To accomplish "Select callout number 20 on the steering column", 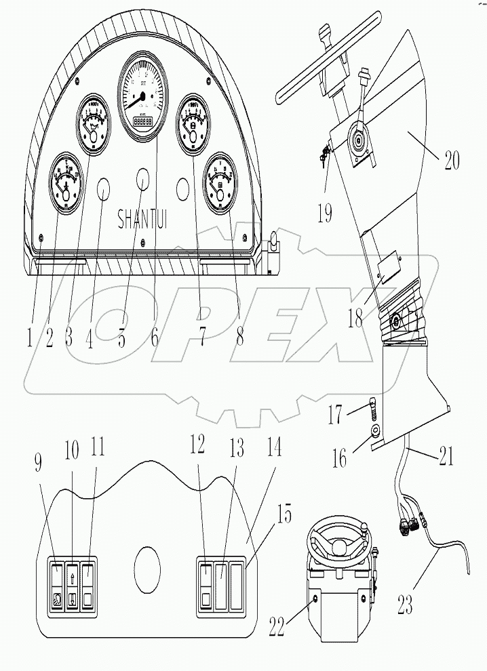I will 450,161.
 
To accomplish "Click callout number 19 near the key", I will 324,213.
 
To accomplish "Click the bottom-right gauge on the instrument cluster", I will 222,184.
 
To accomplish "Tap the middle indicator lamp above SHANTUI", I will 144,179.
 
